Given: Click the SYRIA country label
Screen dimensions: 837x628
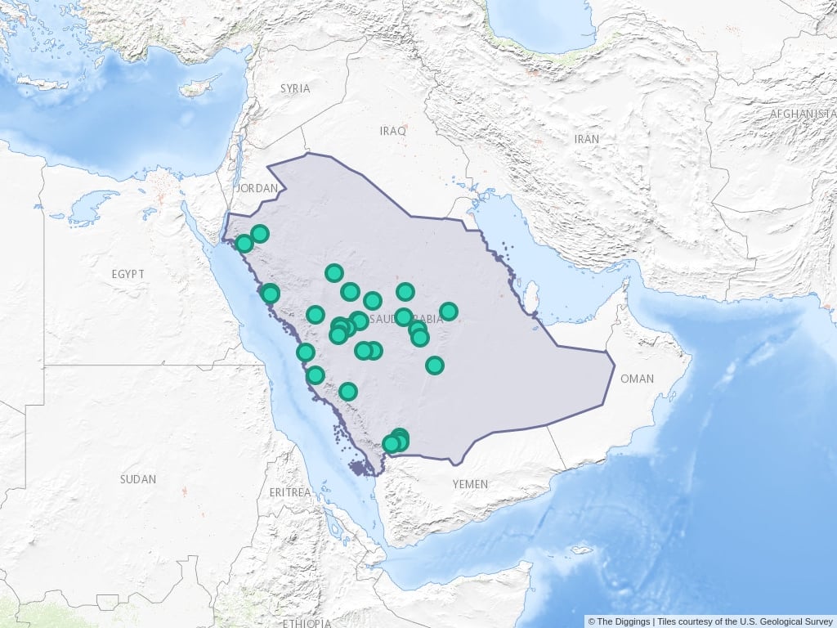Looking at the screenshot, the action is point(295,88).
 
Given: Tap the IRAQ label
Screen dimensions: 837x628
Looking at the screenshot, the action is point(392,131).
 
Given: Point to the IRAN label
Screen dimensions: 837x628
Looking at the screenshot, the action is point(586,139).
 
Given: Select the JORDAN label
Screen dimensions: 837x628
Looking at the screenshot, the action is point(257,188).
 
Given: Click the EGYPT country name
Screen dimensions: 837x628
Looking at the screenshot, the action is point(128,274).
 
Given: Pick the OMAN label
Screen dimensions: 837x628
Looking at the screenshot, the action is point(638,379).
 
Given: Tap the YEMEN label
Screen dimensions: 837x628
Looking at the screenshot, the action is point(470,484).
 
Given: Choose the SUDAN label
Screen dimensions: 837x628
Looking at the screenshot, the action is point(137,479).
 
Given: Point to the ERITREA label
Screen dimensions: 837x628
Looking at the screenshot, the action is point(290,492).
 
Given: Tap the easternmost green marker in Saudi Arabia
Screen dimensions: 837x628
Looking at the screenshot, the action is point(449,312).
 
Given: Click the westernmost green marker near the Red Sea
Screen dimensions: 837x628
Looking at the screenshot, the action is point(244,244).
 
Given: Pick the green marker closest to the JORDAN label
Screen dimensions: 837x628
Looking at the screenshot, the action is point(260,234).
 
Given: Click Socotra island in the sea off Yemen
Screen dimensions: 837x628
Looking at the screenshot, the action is point(582,549).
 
